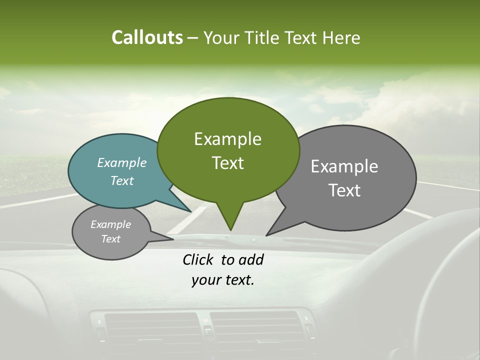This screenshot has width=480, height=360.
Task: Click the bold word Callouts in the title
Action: click(147, 37)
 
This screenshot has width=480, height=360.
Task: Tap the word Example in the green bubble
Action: click(227, 139)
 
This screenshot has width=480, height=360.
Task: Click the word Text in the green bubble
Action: click(227, 163)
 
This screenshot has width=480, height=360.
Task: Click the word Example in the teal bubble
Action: click(122, 162)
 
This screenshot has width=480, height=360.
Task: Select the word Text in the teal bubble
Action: click(122, 180)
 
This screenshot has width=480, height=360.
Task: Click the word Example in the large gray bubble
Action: click(344, 166)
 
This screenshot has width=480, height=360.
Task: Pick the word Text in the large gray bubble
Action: click(344, 190)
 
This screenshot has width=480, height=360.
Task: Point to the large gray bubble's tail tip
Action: click(267, 234)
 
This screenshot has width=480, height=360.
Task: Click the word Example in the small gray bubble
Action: click(110, 224)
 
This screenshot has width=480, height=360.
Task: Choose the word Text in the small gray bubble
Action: click(110, 239)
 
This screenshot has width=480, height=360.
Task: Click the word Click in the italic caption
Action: click(198, 259)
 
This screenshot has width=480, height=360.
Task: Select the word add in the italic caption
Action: click(251, 259)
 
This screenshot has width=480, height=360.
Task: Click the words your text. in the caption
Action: click(222, 280)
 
